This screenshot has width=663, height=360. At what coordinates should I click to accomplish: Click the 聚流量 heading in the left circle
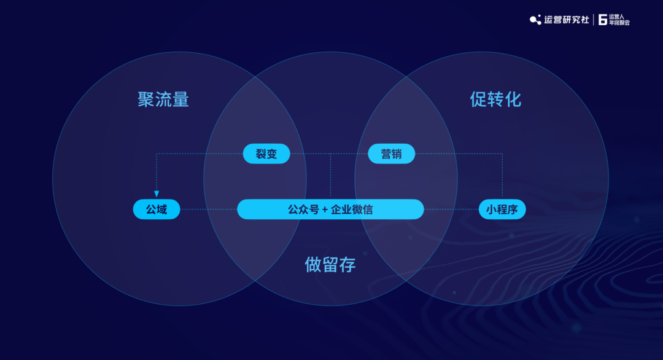click(163, 100)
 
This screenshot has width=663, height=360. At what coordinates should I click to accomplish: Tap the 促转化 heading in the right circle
click(495, 100)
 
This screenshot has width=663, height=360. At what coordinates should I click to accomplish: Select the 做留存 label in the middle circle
click(330, 264)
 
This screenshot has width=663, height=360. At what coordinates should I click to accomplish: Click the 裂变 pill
click(266, 154)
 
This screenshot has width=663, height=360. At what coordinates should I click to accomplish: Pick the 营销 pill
click(391, 154)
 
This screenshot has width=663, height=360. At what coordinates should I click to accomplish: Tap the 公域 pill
click(157, 209)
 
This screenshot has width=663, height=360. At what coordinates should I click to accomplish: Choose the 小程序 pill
click(502, 209)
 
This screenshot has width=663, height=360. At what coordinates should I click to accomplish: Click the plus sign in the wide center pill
click(325, 209)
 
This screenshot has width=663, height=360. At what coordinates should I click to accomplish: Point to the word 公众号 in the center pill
click(303, 209)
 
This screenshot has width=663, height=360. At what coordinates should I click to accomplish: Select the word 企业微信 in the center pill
click(352, 209)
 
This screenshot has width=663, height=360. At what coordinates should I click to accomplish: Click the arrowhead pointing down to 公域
click(157, 194)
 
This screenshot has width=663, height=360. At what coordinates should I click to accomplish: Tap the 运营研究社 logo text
click(566, 20)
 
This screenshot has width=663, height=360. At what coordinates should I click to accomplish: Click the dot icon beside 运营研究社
click(536, 20)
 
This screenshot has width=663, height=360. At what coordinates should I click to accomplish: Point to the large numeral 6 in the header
click(603, 20)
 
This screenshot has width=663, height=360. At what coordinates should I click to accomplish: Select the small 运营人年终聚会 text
click(619, 20)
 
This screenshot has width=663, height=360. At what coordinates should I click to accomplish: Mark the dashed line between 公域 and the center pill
click(209, 209)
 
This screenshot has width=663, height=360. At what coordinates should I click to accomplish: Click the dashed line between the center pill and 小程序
click(451, 209)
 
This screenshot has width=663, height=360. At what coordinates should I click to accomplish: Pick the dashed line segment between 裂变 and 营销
click(329, 154)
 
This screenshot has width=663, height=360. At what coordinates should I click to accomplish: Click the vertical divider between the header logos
click(594, 20)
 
